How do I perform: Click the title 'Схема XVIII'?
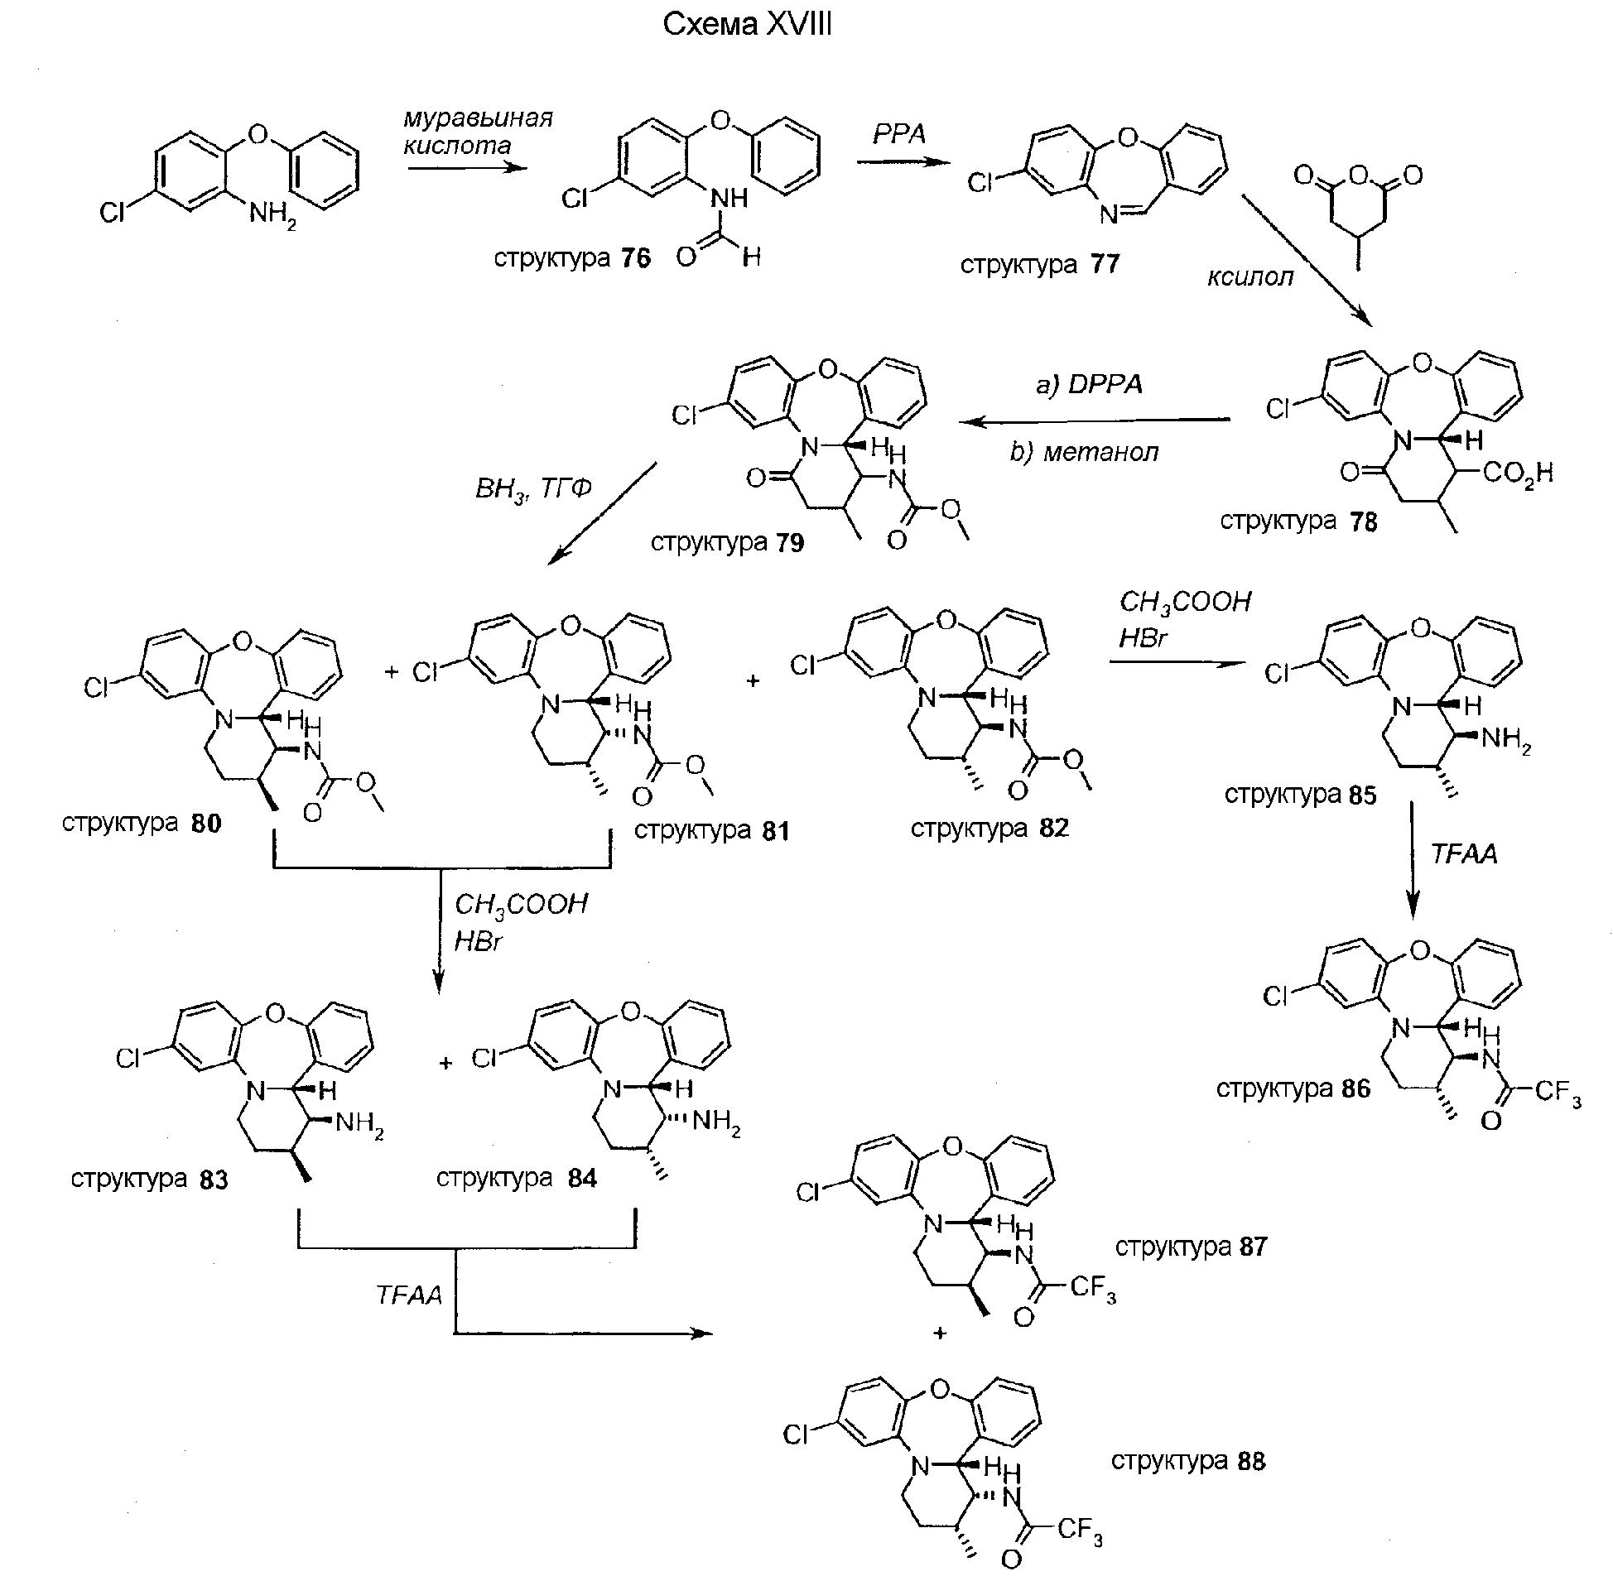pos(747,26)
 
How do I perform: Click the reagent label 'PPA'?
pos(898,134)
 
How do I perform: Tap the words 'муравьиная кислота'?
pos(478,131)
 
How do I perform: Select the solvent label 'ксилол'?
pos(1249,276)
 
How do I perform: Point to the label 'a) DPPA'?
pos(1089,384)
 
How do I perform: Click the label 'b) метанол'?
pos(1084,453)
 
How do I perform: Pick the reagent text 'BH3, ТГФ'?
pos(533,488)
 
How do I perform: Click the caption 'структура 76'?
pos(572,258)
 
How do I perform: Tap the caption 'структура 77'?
pos(1040,265)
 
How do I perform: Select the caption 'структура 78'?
pos(1298,521)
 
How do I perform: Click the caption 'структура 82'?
pos(989,828)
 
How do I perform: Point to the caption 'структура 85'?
pos(1300,795)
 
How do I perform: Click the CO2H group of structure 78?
pos(1518,474)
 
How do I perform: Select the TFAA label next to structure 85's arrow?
pos(1463,854)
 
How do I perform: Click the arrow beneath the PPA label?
pos(903,161)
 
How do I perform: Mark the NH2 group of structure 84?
pos(716,1123)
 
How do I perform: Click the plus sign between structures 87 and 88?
pos(939,1334)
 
